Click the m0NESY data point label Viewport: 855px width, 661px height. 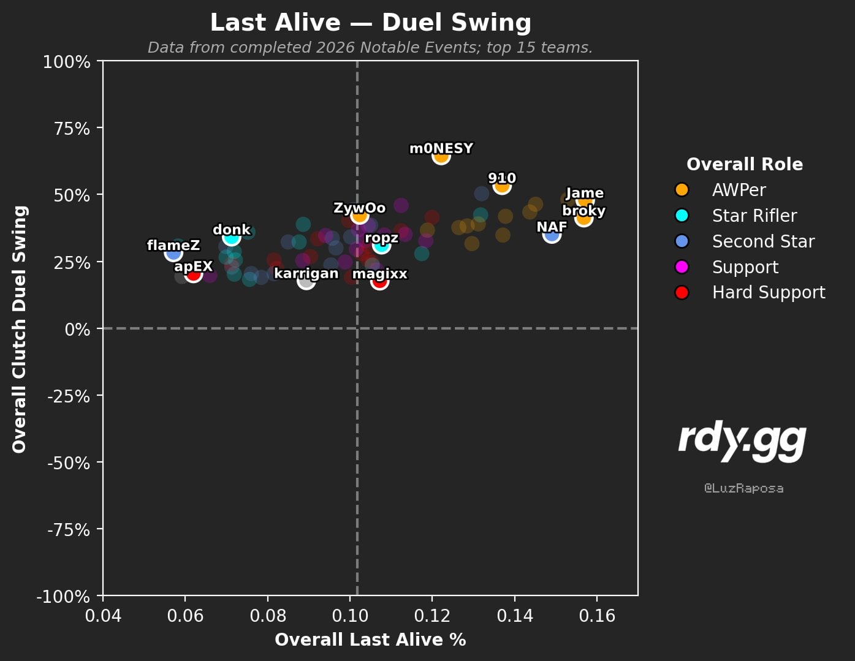pos(441,149)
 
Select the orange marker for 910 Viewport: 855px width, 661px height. pos(502,186)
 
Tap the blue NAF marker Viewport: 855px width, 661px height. pos(552,235)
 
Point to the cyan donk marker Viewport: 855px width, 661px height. pos(231,237)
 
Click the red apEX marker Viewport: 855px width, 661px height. pos(193,274)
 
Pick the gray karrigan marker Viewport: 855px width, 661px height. pos(306,281)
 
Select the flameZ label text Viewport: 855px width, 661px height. pos(173,246)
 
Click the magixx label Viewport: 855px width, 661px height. pos(380,274)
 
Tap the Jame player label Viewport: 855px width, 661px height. pos(585,193)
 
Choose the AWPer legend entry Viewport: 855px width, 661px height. pos(739,190)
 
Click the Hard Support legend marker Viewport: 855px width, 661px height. pos(682,293)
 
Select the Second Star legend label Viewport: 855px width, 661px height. pos(763,241)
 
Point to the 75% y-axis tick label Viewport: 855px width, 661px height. pos(72,129)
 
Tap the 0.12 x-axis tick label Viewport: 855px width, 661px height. pos(432,616)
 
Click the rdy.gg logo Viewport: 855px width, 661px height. pos(742,441)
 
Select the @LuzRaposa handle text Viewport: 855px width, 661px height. pos(743,488)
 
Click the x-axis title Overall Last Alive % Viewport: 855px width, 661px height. pos(370,640)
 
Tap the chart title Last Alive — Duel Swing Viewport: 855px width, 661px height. pos(371,23)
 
